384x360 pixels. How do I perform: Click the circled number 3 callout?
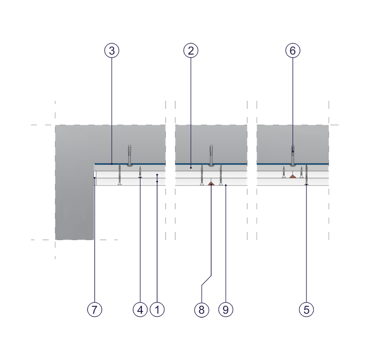[112, 51]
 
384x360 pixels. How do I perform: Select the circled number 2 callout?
[191, 51]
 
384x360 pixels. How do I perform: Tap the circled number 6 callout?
[293, 51]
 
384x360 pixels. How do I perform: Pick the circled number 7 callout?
[95, 310]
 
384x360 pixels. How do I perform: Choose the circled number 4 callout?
[140, 310]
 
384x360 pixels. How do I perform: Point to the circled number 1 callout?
[157, 310]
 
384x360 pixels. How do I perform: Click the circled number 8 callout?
[202, 310]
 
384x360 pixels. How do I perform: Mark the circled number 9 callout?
[226, 310]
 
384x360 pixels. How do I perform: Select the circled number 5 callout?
[307, 310]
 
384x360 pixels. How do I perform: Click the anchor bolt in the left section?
[130, 156]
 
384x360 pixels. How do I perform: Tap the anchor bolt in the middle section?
[211, 156]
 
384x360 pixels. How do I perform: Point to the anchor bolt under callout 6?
[293, 156]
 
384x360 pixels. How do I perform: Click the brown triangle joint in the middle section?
[211, 184]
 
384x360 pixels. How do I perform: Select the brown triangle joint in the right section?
[293, 176]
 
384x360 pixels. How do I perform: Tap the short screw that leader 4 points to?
[140, 172]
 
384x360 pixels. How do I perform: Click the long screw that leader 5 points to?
[307, 175]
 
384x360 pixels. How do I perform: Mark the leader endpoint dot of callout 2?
[191, 168]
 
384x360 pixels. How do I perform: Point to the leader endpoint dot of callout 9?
[226, 185]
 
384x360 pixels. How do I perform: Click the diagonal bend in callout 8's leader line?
[207, 280]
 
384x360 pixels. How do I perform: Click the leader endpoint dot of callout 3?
[112, 164]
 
